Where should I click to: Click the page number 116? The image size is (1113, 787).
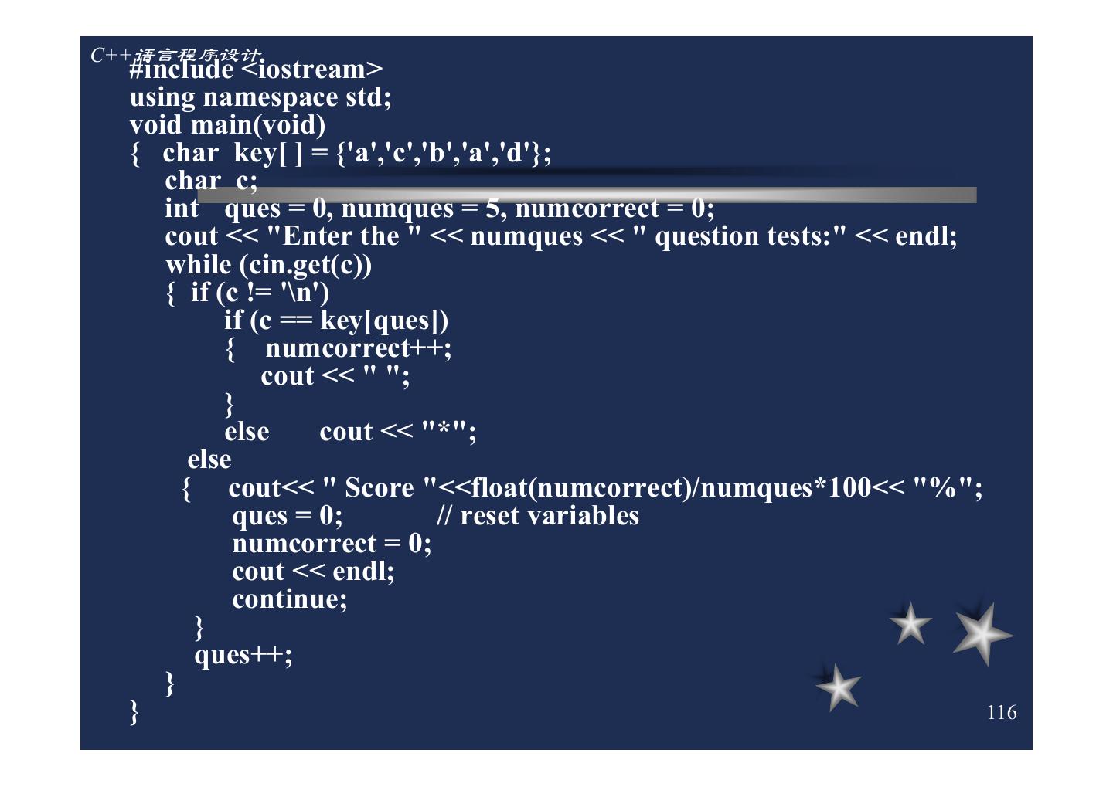tap(1002, 712)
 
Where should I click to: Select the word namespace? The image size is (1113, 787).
tap(270, 98)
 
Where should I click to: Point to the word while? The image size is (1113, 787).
tap(198, 265)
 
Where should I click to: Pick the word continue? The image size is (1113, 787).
tap(289, 599)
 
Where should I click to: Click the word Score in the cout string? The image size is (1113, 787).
tap(379, 488)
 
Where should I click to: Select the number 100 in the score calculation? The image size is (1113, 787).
tap(849, 488)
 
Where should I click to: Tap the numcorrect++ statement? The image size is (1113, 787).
tap(358, 348)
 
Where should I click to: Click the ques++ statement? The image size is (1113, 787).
tap(243, 655)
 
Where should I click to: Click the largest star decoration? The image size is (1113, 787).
tap(981, 634)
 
